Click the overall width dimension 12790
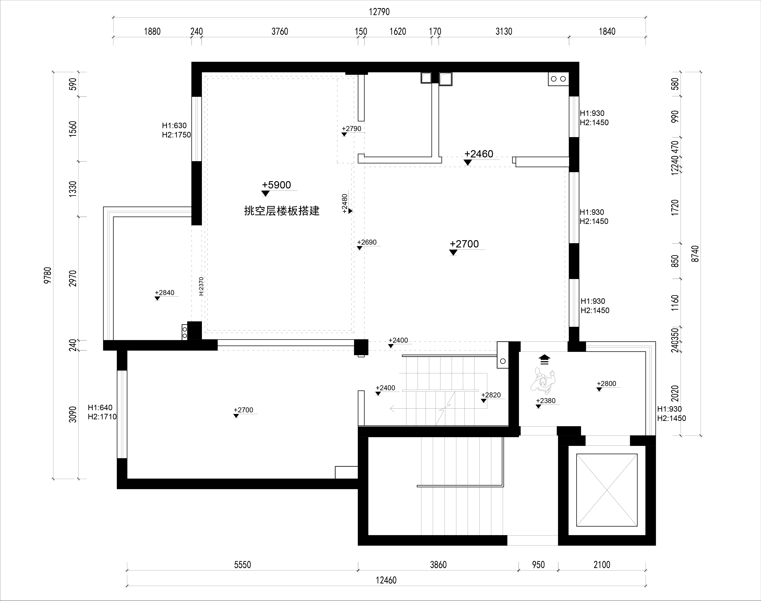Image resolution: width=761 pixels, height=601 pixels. (x=379, y=12)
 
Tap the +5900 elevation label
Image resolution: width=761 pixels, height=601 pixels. (x=276, y=185)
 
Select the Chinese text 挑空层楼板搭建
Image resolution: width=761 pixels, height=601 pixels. (x=282, y=211)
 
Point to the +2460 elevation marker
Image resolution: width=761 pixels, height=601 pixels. (x=479, y=154)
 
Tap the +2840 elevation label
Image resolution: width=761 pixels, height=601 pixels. (x=164, y=293)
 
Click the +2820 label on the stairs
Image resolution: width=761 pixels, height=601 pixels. (x=491, y=395)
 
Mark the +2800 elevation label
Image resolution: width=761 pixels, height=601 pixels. (x=607, y=384)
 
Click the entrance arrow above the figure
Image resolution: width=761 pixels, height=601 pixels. (x=544, y=360)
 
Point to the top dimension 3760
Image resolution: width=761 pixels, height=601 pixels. (x=280, y=32)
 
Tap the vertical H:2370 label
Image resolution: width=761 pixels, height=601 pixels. (x=201, y=287)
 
